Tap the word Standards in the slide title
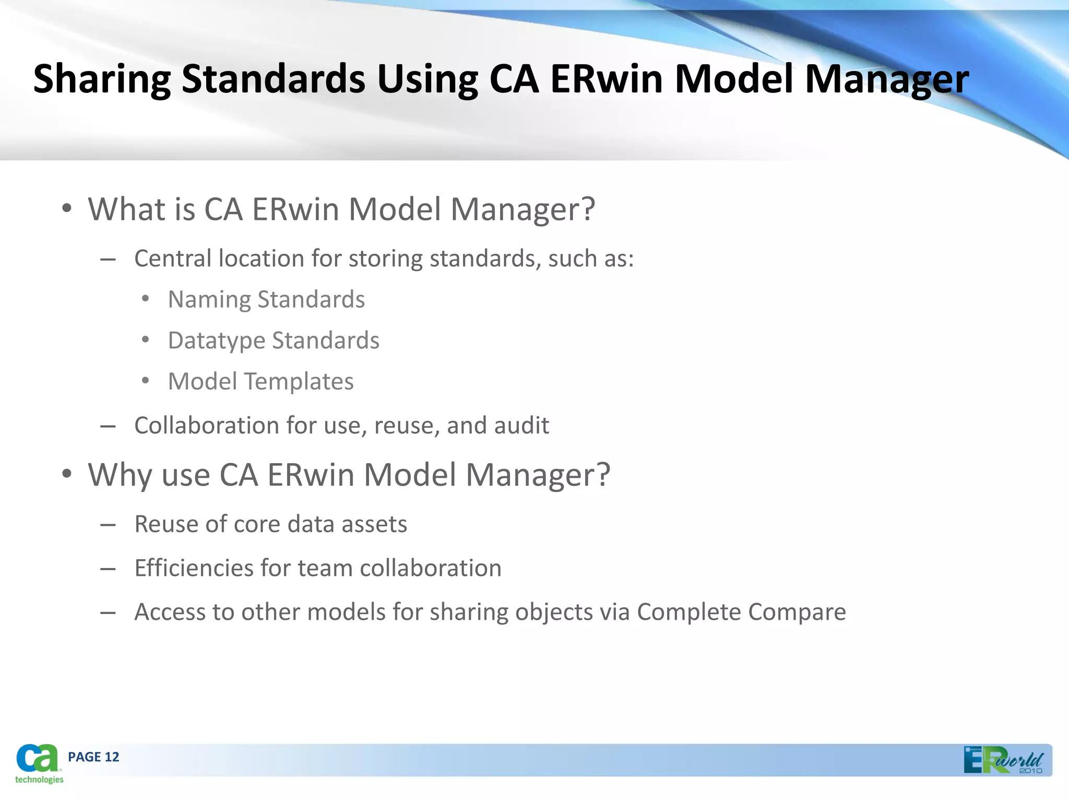pyautogui.click(x=273, y=79)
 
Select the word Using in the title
pyautogui.click(x=427, y=79)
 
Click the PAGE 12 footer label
pyautogui.click(x=93, y=757)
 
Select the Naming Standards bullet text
pyautogui.click(x=266, y=300)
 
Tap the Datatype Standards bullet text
pyautogui.click(x=274, y=340)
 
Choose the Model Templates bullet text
pyautogui.click(x=260, y=382)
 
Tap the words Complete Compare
pyautogui.click(x=741, y=612)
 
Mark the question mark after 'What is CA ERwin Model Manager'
pyautogui.click(x=587, y=209)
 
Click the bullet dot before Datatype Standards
pyautogui.click(x=146, y=340)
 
